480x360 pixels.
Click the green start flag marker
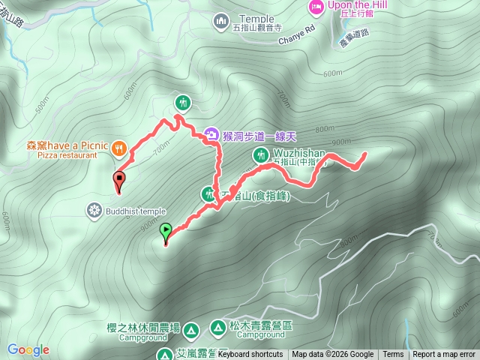tap(166, 230)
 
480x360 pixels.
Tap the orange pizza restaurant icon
tap(118, 148)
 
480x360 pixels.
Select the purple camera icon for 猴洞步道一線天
tap(212, 134)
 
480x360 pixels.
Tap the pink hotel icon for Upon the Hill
tap(316, 7)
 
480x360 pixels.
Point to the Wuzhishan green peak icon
tap(260, 154)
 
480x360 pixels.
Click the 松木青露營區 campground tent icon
tap(217, 327)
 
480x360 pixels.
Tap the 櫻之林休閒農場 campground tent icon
tap(190, 330)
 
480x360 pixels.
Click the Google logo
tap(28, 349)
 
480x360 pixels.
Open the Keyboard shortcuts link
tap(250, 355)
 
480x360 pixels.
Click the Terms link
tap(393, 355)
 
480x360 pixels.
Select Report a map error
tap(444, 355)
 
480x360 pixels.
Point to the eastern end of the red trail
tap(364, 154)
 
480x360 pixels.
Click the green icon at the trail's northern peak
tap(182, 101)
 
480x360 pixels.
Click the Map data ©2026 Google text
tap(332, 355)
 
